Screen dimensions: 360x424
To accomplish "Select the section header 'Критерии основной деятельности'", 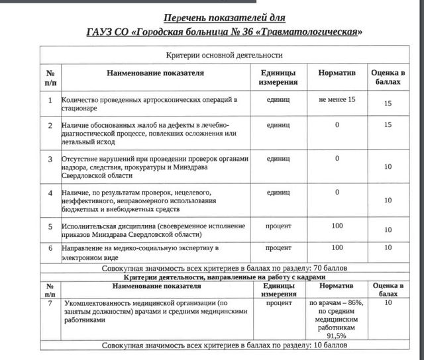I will coord(224,56).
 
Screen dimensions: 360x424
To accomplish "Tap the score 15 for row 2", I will coord(389,124).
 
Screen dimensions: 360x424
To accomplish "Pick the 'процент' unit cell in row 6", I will coord(278,247).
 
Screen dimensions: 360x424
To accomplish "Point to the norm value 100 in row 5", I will coord(337,226).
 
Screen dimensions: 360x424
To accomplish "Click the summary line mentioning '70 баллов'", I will coord(225,268).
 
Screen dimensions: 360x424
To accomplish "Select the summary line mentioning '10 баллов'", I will coord(225,345).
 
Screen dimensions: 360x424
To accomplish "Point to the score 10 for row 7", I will coord(388,302).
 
